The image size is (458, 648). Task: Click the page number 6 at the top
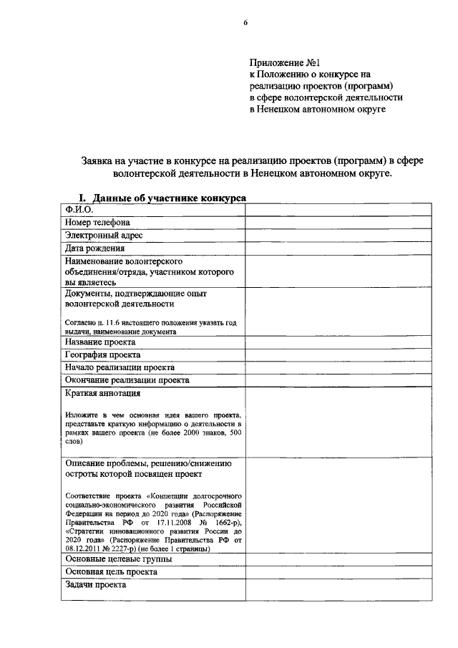coord(245,23)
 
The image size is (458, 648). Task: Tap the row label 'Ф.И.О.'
coord(79,209)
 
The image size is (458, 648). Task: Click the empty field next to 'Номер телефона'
coord(338,222)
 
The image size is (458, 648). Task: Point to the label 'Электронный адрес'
coord(104,235)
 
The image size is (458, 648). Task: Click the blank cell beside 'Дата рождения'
coord(338,248)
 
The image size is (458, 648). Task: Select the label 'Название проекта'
coord(100,342)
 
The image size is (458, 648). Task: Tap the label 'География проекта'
coord(103,355)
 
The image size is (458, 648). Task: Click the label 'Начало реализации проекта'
coord(120,367)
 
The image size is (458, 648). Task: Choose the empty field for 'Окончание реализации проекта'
coord(338,380)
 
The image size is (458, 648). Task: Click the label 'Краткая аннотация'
coord(102,393)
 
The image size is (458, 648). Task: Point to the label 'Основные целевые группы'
coord(118,558)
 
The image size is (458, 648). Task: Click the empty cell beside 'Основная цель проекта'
coord(338,572)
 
